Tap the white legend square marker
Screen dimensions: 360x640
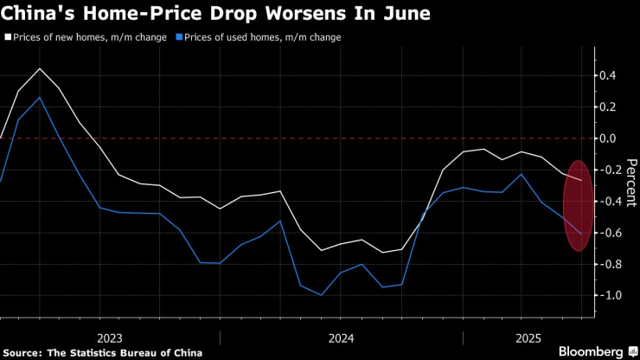(8, 37)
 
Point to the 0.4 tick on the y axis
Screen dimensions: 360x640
(608, 76)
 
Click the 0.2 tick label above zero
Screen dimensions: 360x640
(608, 107)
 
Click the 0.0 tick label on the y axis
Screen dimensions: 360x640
(608, 138)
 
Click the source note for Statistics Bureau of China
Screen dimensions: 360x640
(104, 352)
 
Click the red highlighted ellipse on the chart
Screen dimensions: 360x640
(579, 205)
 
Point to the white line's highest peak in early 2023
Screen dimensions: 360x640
(40, 68)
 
